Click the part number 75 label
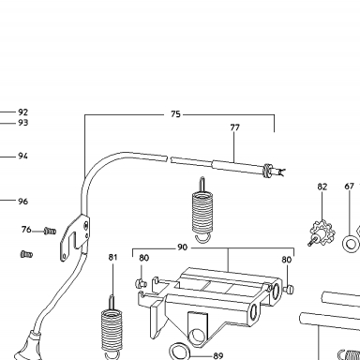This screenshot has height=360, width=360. (x=175, y=114)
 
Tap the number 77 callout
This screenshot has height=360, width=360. (x=234, y=127)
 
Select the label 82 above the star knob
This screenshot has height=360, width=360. (x=322, y=187)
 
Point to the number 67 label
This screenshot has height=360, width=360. (x=349, y=187)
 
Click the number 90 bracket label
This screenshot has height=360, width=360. (x=182, y=247)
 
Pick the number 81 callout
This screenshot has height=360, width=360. (x=112, y=257)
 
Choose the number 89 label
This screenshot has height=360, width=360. (x=218, y=355)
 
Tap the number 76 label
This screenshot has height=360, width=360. (x=26, y=230)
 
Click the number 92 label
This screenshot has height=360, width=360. (x=22, y=112)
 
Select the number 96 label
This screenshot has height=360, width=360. (x=22, y=202)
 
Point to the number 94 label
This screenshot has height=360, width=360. (x=22, y=156)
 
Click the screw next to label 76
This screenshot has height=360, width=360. (x=50, y=232)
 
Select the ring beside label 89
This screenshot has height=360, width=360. (x=180, y=352)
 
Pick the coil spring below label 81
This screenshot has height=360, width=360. (x=111, y=329)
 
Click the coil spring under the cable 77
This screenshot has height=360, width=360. (x=202, y=210)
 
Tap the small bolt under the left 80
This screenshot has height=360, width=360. (x=141, y=283)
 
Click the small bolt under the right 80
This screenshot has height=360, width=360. (x=289, y=289)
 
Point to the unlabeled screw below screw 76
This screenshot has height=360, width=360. (x=26, y=254)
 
